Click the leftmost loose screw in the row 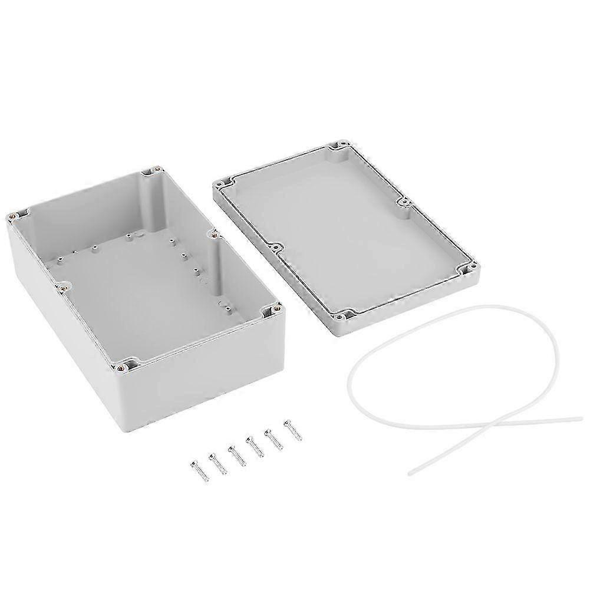pos(196,469)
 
